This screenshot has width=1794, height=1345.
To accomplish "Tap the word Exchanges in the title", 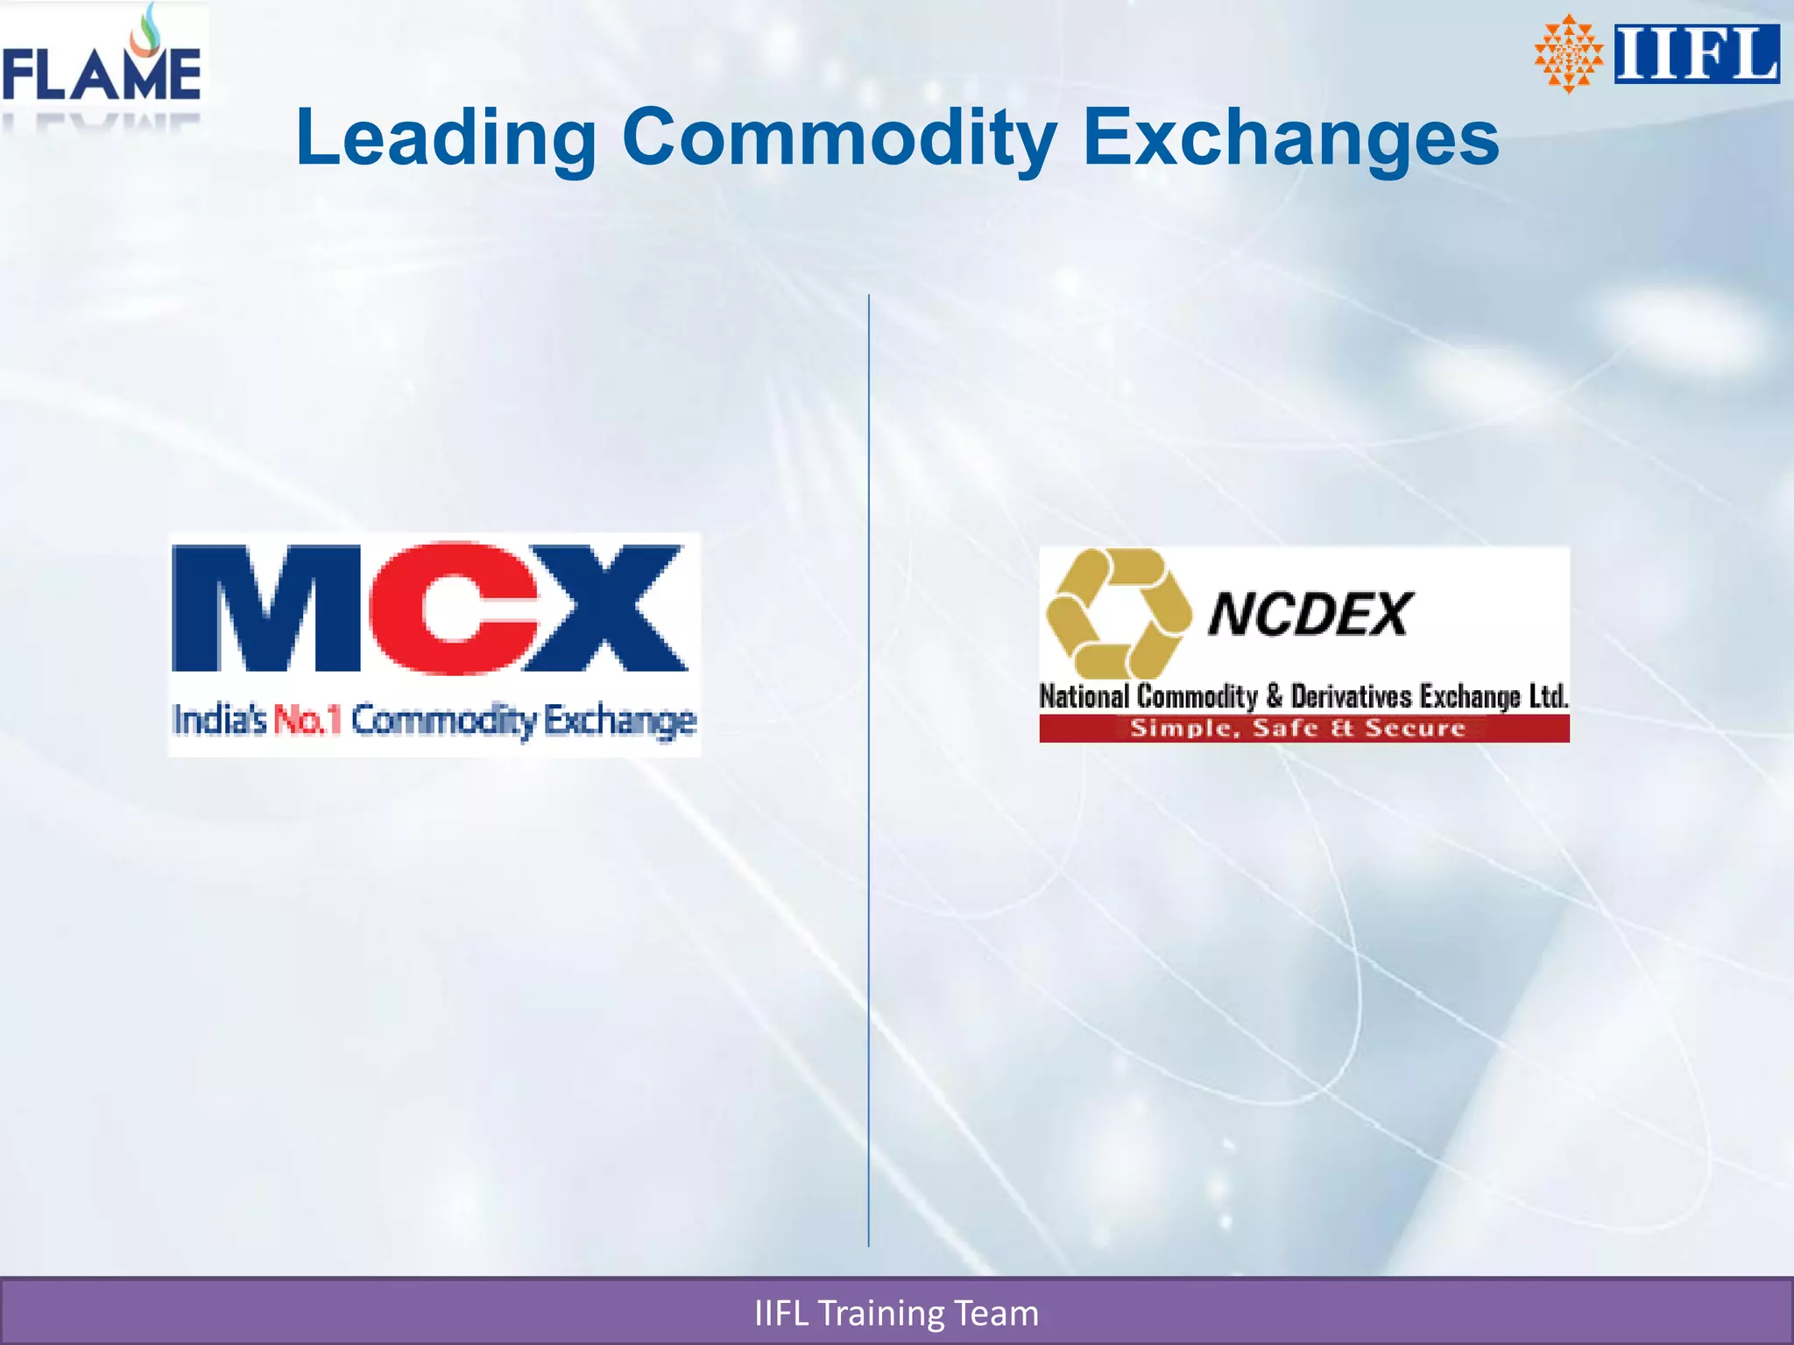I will pos(1290,137).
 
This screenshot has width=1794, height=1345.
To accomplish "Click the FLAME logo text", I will pos(102,74).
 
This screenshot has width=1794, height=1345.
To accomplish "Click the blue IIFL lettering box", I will pos(1697,54).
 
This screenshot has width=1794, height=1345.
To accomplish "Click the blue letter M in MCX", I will pos(265,609).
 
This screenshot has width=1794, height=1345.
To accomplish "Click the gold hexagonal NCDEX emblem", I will pos(1119,612).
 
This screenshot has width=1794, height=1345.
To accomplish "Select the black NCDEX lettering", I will pos(1310,614).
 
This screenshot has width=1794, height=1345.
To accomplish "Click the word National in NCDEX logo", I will pos(1084,696).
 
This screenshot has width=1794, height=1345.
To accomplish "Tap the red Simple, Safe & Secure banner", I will pos(1303,729).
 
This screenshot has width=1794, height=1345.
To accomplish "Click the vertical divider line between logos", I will pos(869,876).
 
